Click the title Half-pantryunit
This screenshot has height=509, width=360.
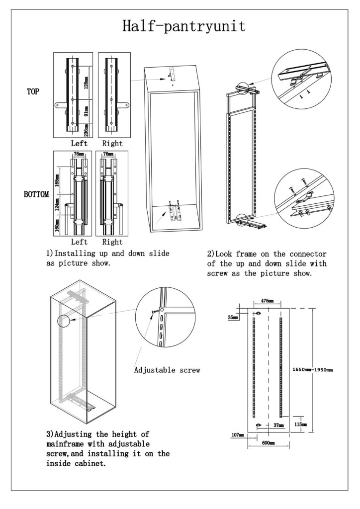tap(183, 26)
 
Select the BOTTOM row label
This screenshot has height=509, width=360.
tap(36, 194)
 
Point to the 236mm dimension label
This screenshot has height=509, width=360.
tap(87, 129)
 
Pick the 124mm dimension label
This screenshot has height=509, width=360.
tap(58, 205)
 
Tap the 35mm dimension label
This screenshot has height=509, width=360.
tap(233, 317)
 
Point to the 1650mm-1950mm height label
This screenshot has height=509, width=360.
tap(312, 370)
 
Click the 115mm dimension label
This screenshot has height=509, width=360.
tap(300, 424)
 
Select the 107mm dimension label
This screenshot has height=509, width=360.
tap(237, 435)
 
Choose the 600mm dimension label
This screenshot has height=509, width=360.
tap(269, 442)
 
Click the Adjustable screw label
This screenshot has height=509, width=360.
tap(167, 370)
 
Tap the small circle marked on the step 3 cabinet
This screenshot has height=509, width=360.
tap(64, 320)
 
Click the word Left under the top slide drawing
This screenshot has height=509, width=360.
tap(80, 143)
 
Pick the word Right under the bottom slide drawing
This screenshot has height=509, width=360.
tap(112, 242)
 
